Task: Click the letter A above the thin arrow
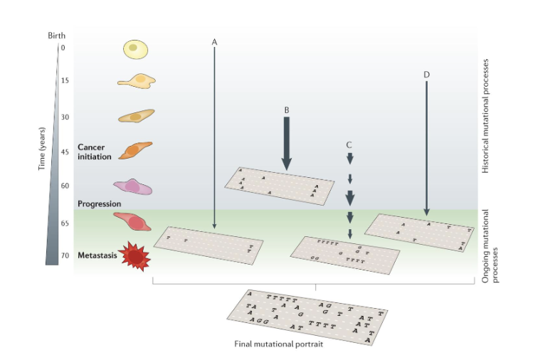tap(214, 42)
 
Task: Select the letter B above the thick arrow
tap(286, 110)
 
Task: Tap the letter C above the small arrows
tap(349, 144)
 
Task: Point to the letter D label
tap(425, 74)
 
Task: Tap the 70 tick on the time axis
tap(65, 255)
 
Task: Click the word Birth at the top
tap(57, 34)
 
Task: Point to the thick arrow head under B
tap(286, 163)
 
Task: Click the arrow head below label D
tap(425, 211)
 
